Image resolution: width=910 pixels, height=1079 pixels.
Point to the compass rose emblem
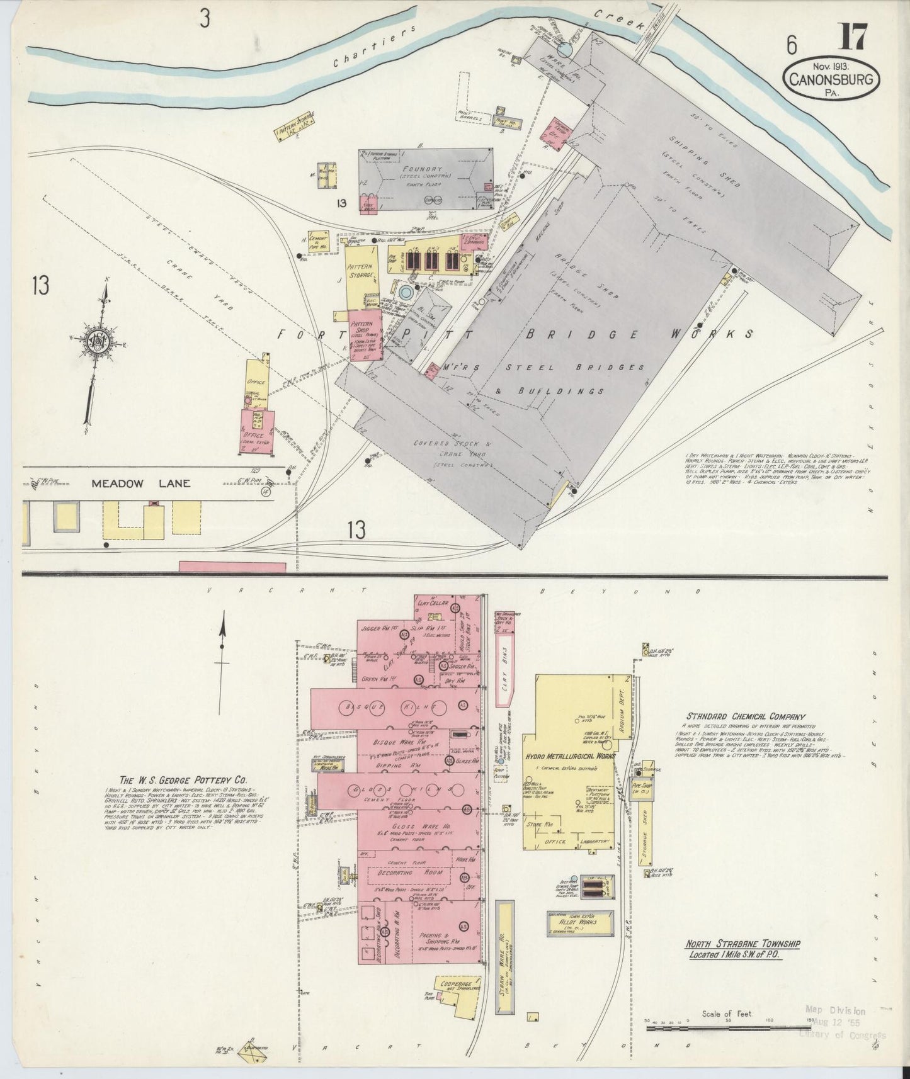pos(100,340)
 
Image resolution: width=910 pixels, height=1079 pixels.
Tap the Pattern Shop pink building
pos(365,333)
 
